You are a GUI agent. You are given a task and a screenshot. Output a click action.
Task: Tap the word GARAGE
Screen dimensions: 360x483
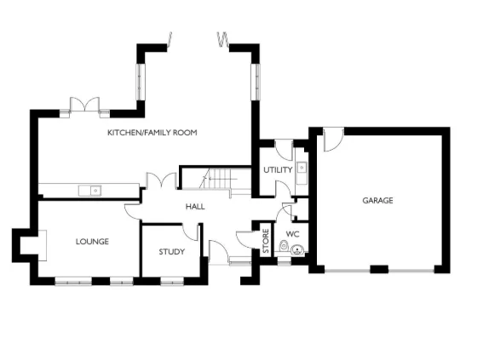click(x=377, y=201)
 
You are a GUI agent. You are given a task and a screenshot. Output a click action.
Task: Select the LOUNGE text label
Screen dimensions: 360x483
click(x=92, y=242)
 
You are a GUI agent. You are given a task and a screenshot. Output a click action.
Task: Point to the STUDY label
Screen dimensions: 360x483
click(x=172, y=252)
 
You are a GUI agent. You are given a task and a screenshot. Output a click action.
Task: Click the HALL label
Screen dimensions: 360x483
click(x=195, y=207)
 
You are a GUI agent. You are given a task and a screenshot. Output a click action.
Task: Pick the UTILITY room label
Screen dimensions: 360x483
click(x=278, y=170)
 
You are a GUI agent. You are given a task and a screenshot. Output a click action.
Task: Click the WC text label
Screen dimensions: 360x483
click(x=292, y=233)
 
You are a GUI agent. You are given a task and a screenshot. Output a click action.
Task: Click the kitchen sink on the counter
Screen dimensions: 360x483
click(x=89, y=190)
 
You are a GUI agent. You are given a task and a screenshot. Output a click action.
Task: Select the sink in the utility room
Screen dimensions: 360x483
click(x=301, y=168)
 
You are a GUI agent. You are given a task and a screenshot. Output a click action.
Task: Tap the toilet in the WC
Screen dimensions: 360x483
click(x=296, y=250)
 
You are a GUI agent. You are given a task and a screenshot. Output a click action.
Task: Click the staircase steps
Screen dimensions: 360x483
click(x=218, y=180)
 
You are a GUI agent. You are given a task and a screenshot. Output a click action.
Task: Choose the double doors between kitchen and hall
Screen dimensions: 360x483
click(x=158, y=181)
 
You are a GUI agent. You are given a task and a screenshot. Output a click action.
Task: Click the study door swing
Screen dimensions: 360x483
click(x=194, y=232)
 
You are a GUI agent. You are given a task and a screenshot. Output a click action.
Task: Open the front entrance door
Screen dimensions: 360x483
click(x=218, y=252)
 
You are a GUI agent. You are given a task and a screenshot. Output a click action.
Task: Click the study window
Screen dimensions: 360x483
click(x=172, y=278)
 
